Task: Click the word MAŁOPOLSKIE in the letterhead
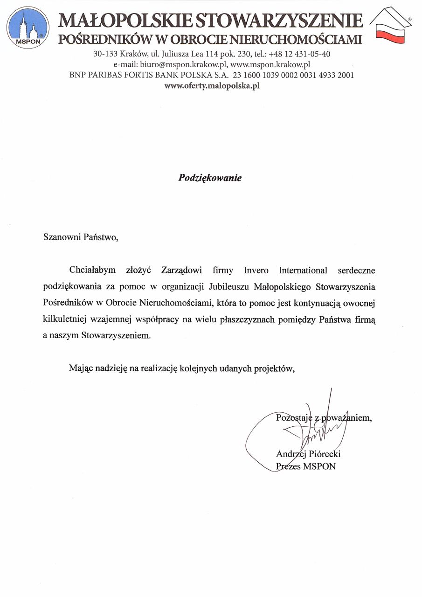(x=124, y=21)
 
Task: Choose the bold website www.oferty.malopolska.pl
(x=212, y=86)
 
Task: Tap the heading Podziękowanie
(x=210, y=178)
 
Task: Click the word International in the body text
(x=303, y=271)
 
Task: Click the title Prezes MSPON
(x=306, y=466)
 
